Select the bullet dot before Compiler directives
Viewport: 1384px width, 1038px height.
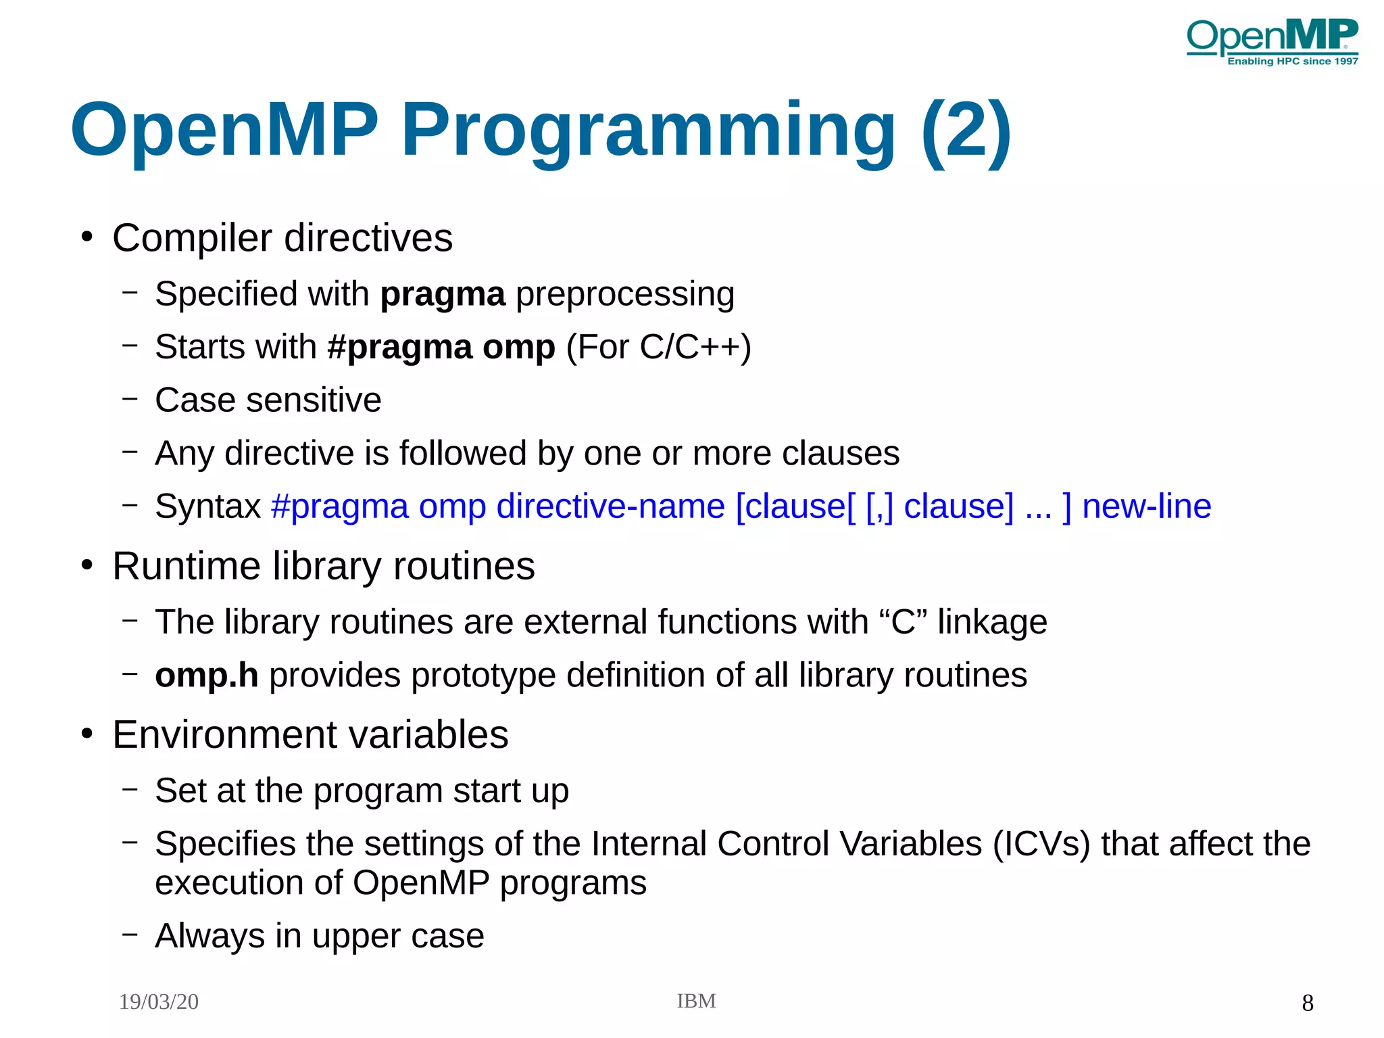coord(86,237)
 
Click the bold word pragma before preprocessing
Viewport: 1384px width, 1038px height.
coord(443,294)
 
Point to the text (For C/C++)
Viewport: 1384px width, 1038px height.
coord(658,347)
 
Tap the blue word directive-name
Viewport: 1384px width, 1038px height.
coord(610,506)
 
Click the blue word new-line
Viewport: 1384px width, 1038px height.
coord(1146,506)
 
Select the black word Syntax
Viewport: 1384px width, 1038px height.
coord(207,506)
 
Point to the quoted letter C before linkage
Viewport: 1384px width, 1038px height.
coord(903,621)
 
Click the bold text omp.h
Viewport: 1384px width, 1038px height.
coord(206,675)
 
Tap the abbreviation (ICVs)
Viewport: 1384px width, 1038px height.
coord(1041,844)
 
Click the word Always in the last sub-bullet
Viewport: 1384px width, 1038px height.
coord(209,936)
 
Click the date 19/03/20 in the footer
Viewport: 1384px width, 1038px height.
coord(159,1001)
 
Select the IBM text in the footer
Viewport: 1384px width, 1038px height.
coord(696,1001)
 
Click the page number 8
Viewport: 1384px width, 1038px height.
coord(1307,1003)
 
